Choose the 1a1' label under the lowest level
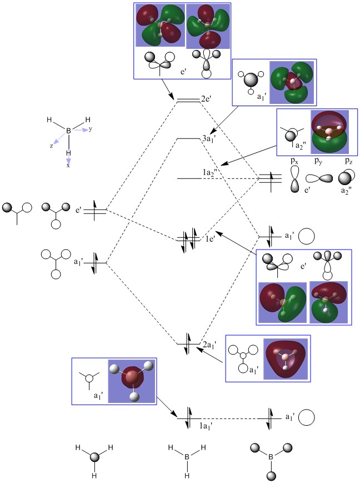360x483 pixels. (x=208, y=426)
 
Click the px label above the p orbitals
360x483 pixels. (x=295, y=161)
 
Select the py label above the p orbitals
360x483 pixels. (x=321, y=161)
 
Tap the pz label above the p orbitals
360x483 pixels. (x=347, y=161)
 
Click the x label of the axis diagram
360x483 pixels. (x=68, y=165)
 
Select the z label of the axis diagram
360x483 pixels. (x=51, y=145)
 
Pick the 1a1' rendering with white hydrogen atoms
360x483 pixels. (x=132, y=380)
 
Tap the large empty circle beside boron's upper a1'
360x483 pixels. (x=307, y=236)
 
